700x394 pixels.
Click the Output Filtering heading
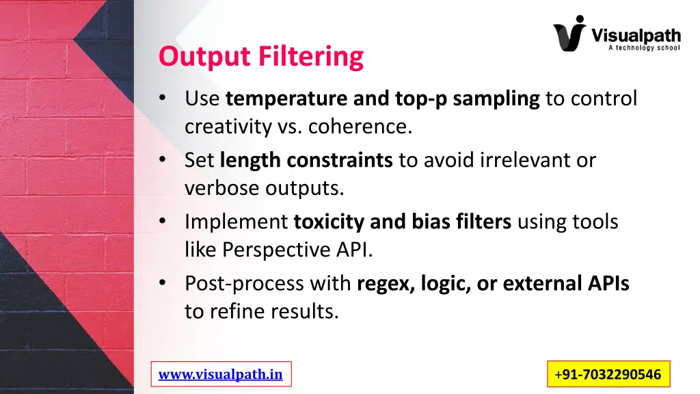tap(260, 56)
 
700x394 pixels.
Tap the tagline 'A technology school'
tap(643, 48)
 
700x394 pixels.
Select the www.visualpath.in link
tap(220, 374)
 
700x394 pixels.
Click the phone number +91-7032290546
tap(608, 374)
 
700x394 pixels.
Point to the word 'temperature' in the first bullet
tap(286, 99)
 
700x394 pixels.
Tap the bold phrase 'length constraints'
tap(306, 160)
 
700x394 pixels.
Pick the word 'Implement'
tap(237, 222)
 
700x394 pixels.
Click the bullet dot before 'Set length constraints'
tap(163, 160)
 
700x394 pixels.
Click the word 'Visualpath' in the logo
tap(635, 34)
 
